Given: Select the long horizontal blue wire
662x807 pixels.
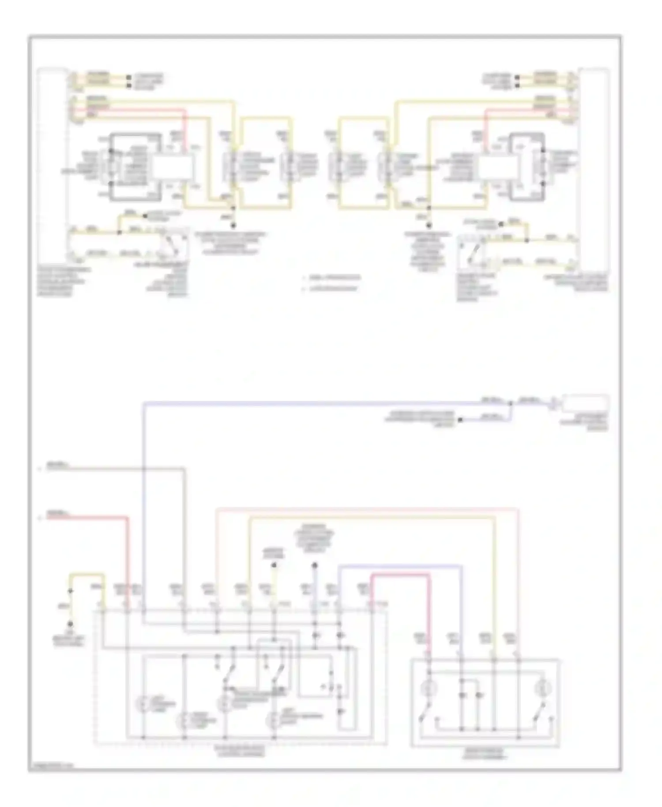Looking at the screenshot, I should pos(309,403).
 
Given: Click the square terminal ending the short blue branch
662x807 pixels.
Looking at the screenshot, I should pos(460,419).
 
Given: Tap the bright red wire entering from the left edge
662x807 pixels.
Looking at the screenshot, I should pos(88,517).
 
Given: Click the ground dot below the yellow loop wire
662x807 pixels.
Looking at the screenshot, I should pos(70,624).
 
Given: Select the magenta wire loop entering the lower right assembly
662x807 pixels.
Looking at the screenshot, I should pos(399,575).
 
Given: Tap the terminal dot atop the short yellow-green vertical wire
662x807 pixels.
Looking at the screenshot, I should pos(274,565).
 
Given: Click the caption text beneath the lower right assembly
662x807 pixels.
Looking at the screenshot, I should pos(485,754).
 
